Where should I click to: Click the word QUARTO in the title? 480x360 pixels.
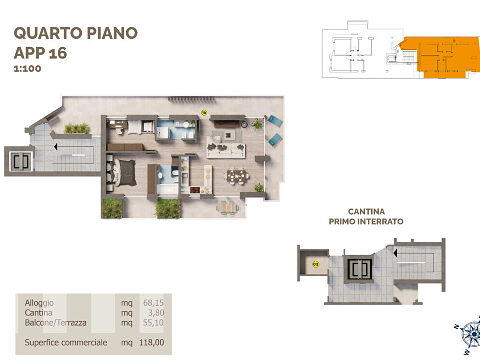point(48,33)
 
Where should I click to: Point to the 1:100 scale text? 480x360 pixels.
point(28,69)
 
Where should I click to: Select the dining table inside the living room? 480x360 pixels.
point(238,176)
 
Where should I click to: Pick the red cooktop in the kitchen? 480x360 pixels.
point(195,190)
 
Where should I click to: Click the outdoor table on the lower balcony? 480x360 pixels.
point(228,208)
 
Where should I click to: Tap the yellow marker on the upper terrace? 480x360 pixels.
point(204,113)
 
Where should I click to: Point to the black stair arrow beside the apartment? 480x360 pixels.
point(55,146)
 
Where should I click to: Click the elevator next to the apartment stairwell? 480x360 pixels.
point(21,162)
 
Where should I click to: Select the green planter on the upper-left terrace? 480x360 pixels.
point(77,128)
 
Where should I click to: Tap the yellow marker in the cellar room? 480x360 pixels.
point(316,265)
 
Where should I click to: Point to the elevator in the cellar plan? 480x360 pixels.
point(359,269)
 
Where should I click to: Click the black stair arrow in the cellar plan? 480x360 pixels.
point(395,253)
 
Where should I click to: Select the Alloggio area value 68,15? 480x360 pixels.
point(153,303)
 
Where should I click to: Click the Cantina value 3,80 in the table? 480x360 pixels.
point(156,313)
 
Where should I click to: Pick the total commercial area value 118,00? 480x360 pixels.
point(152,342)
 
